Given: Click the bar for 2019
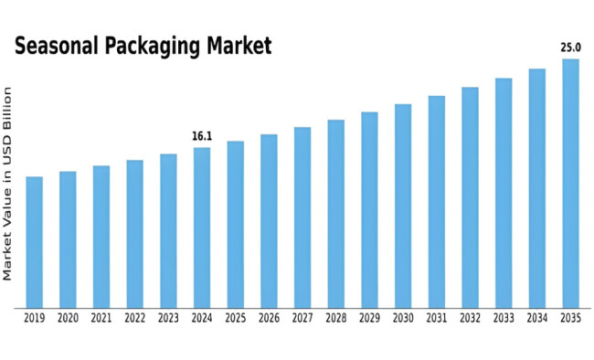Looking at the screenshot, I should click(x=34, y=241).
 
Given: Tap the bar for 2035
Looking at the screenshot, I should click(x=570, y=183).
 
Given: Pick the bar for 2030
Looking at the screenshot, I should click(x=403, y=205).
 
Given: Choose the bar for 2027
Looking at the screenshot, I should click(x=302, y=217).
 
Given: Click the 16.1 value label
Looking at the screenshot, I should click(x=202, y=136).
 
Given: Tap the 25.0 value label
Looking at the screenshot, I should click(x=570, y=47).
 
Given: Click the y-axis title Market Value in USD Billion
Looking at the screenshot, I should click(x=8, y=183).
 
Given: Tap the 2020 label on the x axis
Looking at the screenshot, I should click(x=68, y=318).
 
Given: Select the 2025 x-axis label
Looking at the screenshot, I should click(x=235, y=318).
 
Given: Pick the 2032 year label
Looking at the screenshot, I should click(x=470, y=318).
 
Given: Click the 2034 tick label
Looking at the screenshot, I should click(x=537, y=318).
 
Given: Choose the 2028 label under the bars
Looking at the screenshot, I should click(x=335, y=318).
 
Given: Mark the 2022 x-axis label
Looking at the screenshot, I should click(x=134, y=318).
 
